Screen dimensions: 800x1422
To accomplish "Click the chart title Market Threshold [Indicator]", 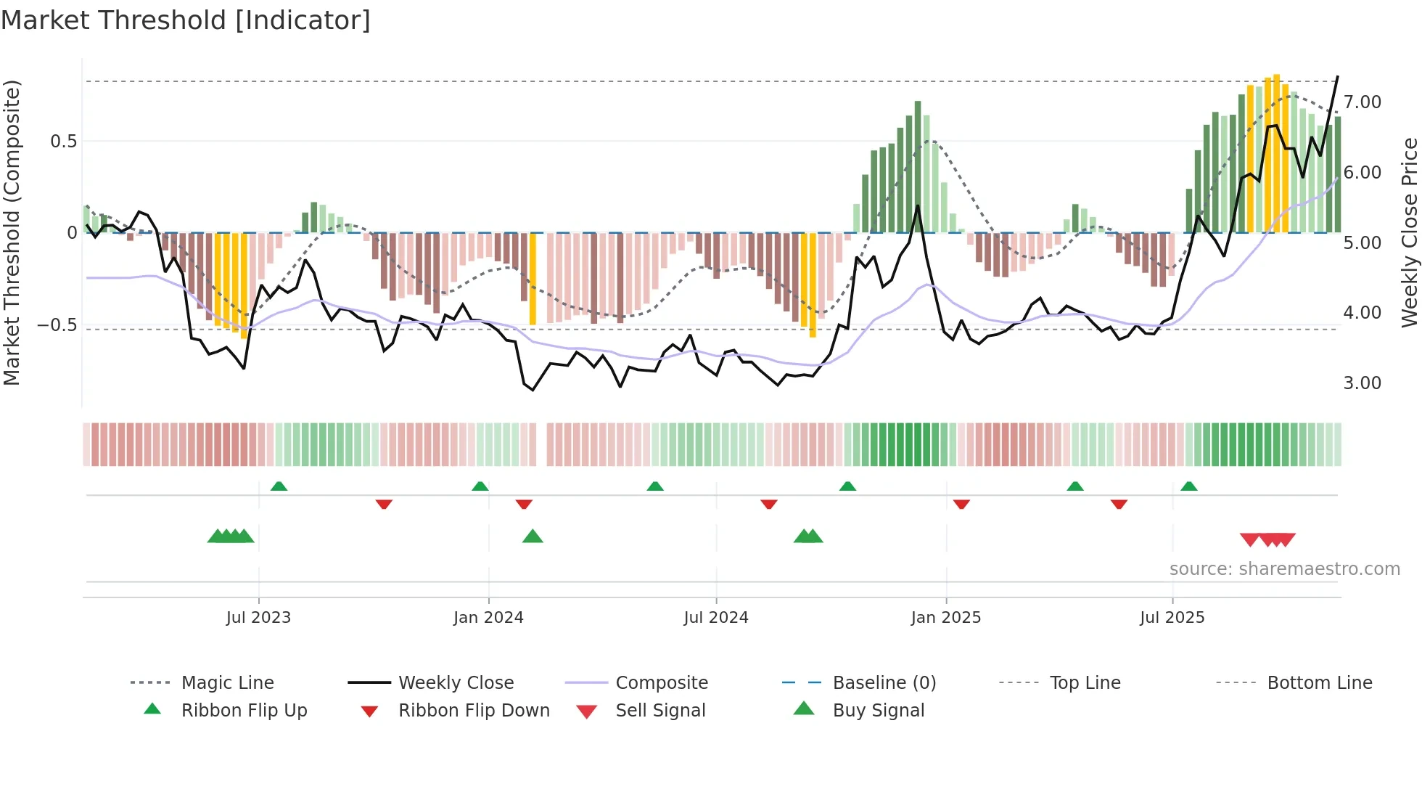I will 186,20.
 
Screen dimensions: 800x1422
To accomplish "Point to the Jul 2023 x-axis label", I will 258,618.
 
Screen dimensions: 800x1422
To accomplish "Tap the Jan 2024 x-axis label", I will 488,618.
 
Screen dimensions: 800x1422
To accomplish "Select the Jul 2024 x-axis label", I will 716,618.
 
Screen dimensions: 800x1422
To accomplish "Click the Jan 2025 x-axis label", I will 946,618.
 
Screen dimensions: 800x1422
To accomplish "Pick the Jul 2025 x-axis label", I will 1172,618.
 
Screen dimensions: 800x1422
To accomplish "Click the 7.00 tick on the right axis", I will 1363,102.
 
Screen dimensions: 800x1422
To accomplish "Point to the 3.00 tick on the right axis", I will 1363,383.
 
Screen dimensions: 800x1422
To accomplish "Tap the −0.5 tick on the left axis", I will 57,325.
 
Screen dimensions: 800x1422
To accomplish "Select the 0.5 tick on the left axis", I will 64,142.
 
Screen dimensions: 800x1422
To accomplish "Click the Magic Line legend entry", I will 227,683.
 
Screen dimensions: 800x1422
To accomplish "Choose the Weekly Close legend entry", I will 456,683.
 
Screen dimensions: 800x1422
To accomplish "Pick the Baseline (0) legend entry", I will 884,683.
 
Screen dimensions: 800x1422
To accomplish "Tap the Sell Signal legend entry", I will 659,711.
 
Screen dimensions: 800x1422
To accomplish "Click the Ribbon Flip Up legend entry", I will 244,711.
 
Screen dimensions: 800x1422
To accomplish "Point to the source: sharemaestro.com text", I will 1284,569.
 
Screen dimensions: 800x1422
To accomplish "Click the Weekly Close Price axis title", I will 1409,232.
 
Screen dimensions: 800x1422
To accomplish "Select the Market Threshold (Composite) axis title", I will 12,232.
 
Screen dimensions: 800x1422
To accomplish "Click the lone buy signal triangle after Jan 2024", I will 533,536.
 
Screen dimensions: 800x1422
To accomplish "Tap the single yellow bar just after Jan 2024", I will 533,279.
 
